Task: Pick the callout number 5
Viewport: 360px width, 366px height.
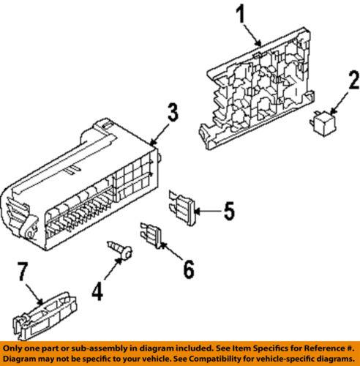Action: pos(228,213)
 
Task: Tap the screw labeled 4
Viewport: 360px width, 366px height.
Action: pos(121,253)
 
